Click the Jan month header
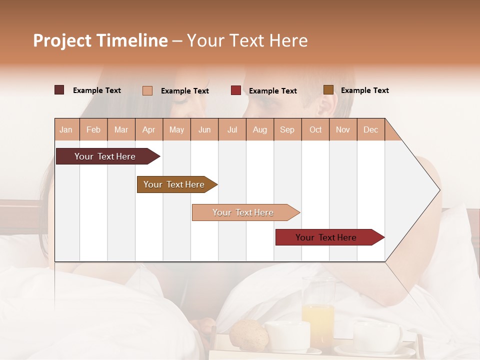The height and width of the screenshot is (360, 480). click(66, 129)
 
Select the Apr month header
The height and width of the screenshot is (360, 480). click(149, 129)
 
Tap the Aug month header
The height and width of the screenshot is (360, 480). click(260, 129)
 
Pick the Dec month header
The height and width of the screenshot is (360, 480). click(370, 129)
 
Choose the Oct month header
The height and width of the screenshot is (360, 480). click(315, 129)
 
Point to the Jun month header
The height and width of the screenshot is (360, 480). click(204, 129)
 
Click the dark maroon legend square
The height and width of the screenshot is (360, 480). click(59, 90)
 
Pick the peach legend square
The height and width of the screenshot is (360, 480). click(147, 90)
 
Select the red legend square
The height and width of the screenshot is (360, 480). click(236, 90)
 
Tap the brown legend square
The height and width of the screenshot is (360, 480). click(328, 90)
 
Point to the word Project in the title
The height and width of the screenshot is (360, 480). click(62, 40)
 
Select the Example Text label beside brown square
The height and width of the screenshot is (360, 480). click(364, 90)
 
